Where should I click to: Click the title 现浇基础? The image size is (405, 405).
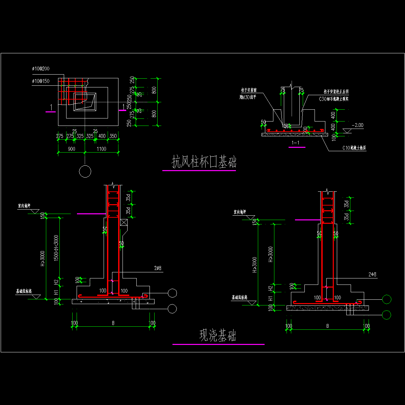(x=218, y=336)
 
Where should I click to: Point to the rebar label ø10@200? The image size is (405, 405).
(x=41, y=69)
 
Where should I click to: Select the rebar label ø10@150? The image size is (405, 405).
(x=41, y=81)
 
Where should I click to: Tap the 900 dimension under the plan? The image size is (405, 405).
(x=71, y=149)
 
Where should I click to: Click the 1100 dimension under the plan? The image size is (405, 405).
(x=101, y=149)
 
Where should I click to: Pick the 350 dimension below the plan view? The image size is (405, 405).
(x=113, y=136)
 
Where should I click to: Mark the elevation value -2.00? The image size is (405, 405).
(x=357, y=125)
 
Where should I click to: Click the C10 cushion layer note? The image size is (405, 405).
(x=354, y=148)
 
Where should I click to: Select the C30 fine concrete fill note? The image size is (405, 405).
(x=334, y=99)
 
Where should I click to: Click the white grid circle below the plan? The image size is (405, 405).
(x=85, y=171)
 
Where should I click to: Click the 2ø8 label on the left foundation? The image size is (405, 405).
(x=158, y=268)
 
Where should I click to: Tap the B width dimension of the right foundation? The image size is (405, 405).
(x=327, y=326)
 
